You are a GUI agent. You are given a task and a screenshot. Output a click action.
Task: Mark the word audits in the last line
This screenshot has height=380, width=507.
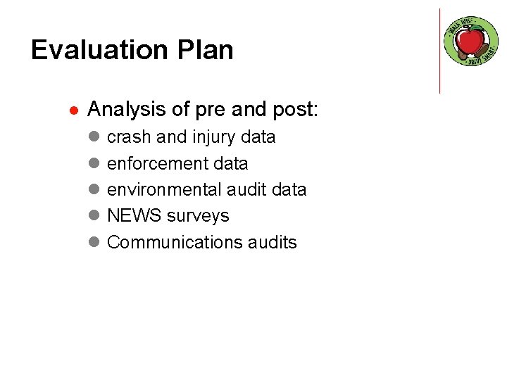pos(273,243)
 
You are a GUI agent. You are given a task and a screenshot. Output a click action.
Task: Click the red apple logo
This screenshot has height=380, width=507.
pos(471,41)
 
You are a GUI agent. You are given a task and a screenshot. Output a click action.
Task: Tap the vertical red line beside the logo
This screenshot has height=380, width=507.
pos(439,51)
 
